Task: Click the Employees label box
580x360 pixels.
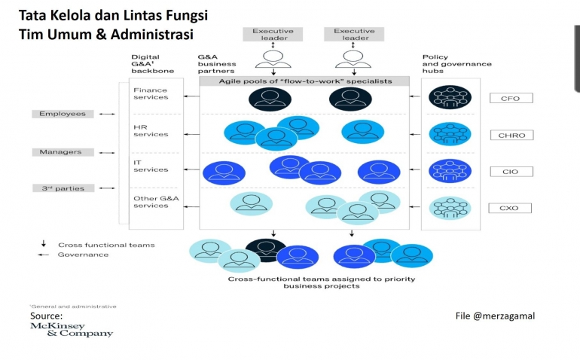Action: [x=63, y=114]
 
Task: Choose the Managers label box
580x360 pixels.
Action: [x=63, y=152]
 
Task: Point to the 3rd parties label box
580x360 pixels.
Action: [x=63, y=188]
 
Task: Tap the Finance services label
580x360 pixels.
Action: [x=151, y=94]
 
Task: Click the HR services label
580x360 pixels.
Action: [x=151, y=131]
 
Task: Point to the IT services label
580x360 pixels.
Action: [x=151, y=166]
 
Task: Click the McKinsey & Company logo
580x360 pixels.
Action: [x=71, y=329]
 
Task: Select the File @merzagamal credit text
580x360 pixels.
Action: [x=495, y=316]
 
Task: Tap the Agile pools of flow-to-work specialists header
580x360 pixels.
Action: [x=305, y=81]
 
